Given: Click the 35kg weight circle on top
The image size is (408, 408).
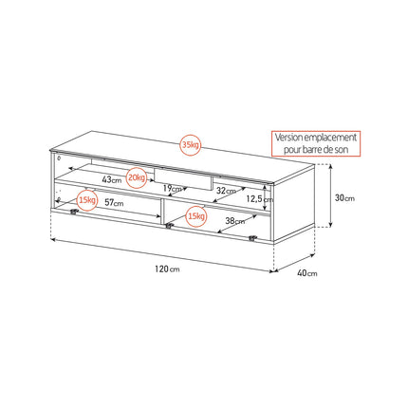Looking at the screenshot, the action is point(191,145).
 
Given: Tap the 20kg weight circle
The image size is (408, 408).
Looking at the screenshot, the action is point(137,177).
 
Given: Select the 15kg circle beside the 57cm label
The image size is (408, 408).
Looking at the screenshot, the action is point(87,200).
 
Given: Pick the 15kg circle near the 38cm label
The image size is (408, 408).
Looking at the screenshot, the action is point(195,216).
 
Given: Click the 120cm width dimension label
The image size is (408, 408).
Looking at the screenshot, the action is point(167,269).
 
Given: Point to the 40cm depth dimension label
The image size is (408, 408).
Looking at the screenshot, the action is point(307,273).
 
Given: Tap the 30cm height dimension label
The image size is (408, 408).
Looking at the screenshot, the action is point(344,198).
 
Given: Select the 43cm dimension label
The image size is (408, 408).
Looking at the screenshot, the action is point(112,179).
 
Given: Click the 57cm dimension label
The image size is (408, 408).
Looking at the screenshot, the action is point(114,202).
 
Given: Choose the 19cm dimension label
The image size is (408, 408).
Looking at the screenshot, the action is point(173,189).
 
